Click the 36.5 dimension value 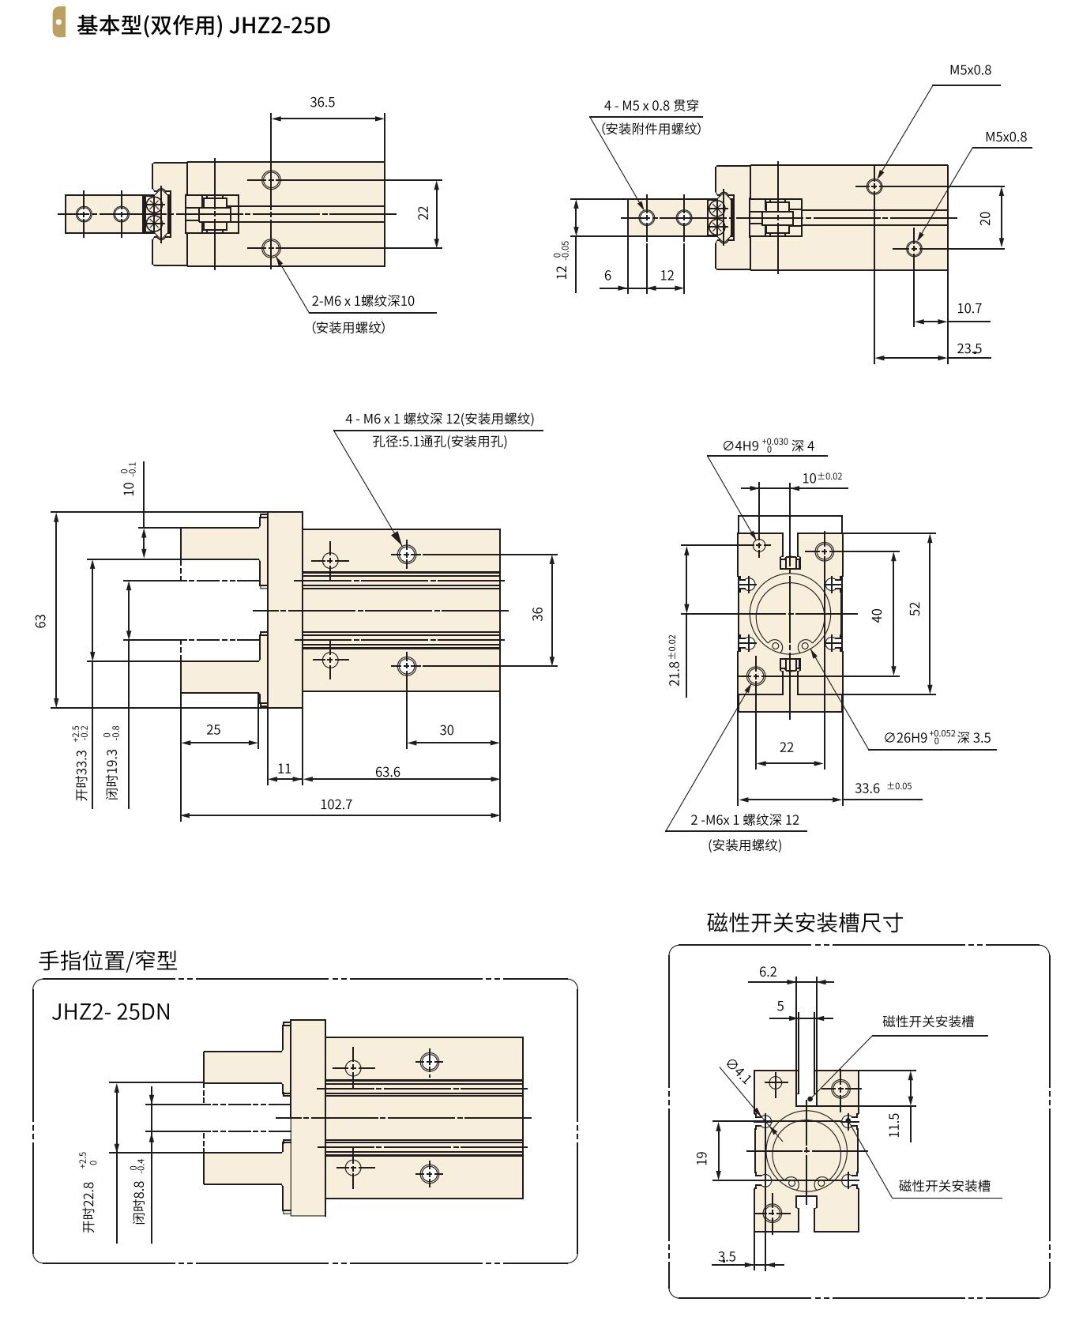click(x=322, y=102)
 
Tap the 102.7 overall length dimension click(x=336, y=804)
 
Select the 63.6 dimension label click(x=387, y=772)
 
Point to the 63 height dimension click(x=41, y=620)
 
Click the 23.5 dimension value click(x=969, y=348)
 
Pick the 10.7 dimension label click(x=969, y=308)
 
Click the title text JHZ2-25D click(x=280, y=25)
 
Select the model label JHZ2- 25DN click(x=111, y=1012)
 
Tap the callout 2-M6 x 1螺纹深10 click(x=363, y=301)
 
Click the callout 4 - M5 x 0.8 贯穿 click(x=651, y=105)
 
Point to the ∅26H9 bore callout click(x=938, y=737)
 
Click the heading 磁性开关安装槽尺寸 click(x=804, y=922)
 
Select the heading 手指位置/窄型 click(x=107, y=960)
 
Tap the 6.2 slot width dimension click(x=768, y=972)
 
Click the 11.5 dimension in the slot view click(x=894, y=1124)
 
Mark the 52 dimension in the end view click(x=915, y=609)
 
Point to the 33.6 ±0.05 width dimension click(x=882, y=788)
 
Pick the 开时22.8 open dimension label click(x=88, y=1206)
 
